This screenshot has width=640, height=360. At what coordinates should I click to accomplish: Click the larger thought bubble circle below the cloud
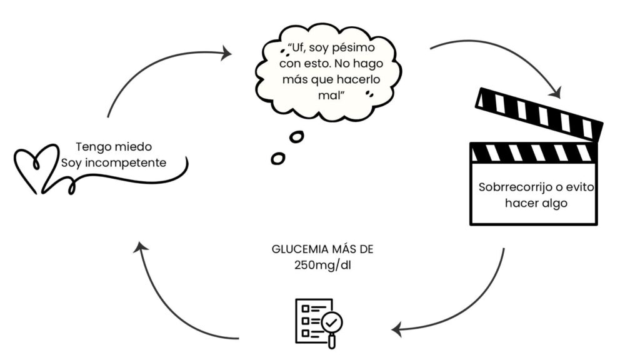[296, 136]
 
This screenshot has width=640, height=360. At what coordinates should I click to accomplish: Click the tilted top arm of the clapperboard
[539, 114]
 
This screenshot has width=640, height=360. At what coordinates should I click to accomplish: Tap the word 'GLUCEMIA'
[297, 249]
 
